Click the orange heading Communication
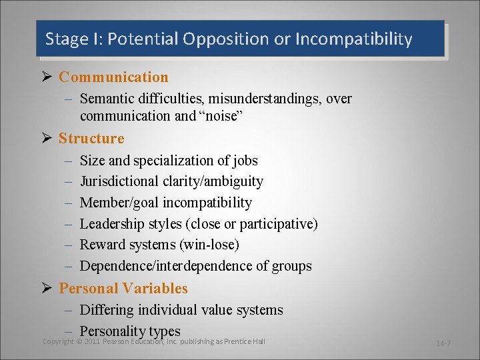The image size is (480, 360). [113, 77]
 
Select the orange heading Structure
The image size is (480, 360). [91, 139]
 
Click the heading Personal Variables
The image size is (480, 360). [123, 289]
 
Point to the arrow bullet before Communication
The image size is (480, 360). [47, 77]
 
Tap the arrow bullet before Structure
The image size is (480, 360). [47, 139]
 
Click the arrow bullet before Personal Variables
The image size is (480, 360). [47, 289]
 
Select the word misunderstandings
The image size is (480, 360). [266, 99]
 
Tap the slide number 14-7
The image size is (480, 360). [444, 343]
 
